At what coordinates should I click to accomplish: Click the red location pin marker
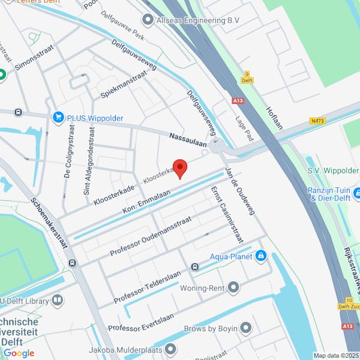click(x=180, y=167)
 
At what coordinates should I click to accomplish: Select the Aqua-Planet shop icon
click(x=260, y=257)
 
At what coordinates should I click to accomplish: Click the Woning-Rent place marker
click(x=233, y=288)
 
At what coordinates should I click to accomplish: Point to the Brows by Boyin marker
click(x=245, y=328)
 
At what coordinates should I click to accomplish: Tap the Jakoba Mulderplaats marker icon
click(x=171, y=349)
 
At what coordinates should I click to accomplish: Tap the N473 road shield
click(x=317, y=121)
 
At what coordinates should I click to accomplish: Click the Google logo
click(x=19, y=353)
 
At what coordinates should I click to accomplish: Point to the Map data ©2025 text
click(x=335, y=355)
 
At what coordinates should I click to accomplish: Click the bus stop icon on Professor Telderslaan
click(x=194, y=266)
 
